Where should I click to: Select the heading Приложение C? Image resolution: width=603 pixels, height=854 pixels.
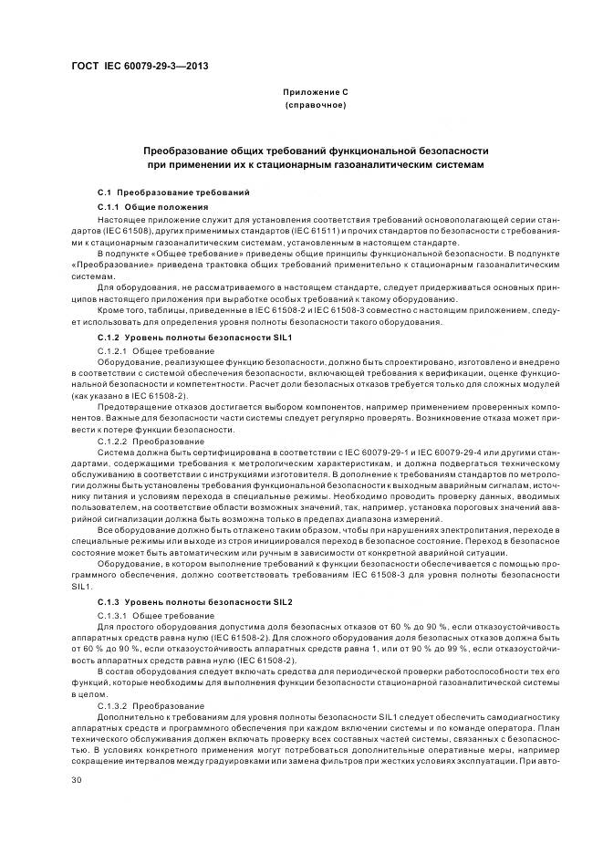tap(315, 92)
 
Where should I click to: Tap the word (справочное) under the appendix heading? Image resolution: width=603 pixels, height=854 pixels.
tap(315, 105)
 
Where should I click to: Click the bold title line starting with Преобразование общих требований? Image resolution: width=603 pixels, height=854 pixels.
tap(316, 149)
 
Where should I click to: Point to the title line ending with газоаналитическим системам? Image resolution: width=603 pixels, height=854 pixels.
tap(316, 164)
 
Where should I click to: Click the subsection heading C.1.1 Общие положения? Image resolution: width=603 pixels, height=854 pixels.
tap(146, 207)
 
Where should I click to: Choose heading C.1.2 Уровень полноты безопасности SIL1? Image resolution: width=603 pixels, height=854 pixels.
tap(182, 338)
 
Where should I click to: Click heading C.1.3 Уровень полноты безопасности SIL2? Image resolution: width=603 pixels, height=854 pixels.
tap(182, 603)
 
